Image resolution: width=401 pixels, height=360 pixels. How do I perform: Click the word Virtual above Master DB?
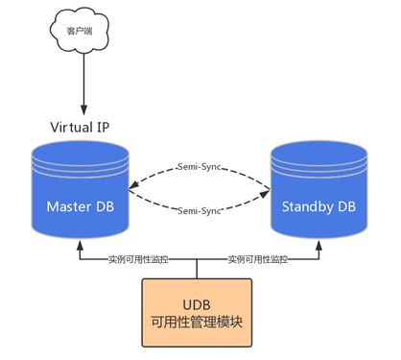coord(72,127)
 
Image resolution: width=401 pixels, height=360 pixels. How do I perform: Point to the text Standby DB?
coord(318,206)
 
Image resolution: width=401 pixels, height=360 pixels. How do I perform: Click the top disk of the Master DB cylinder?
coord(80,153)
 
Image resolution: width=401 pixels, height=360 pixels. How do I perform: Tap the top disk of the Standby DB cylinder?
coord(318,153)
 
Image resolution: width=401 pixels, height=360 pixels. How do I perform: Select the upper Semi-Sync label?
coord(200,167)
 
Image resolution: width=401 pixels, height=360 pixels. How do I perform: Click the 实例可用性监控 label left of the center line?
coord(138,259)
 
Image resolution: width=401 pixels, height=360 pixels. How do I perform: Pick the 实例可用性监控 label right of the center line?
coord(258,259)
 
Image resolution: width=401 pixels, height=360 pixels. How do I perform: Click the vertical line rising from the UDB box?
coord(198,270)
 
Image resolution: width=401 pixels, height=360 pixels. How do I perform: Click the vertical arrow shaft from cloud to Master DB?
coord(82,82)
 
